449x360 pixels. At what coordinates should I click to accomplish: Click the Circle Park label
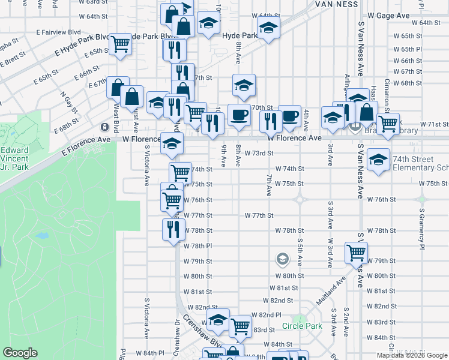coord(302,327)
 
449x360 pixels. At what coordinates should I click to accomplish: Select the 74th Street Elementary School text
coord(420,163)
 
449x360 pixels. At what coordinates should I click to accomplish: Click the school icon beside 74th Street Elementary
coord(378,160)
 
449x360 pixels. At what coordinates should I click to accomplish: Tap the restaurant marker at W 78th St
coord(172,229)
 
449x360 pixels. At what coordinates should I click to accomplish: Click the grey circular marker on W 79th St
coord(282,259)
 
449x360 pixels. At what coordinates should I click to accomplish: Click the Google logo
coord(20,353)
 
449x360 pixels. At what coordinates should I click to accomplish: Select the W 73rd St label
coord(259,154)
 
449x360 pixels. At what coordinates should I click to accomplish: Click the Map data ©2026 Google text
coord(412,355)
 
